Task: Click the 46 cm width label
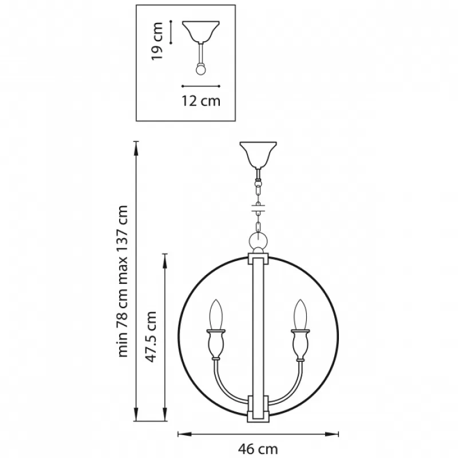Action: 258,448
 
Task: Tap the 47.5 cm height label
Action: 151,337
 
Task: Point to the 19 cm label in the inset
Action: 157,41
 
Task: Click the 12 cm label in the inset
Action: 201,101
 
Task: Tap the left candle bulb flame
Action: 216,314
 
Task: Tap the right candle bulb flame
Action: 301,314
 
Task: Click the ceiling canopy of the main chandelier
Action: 258,155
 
